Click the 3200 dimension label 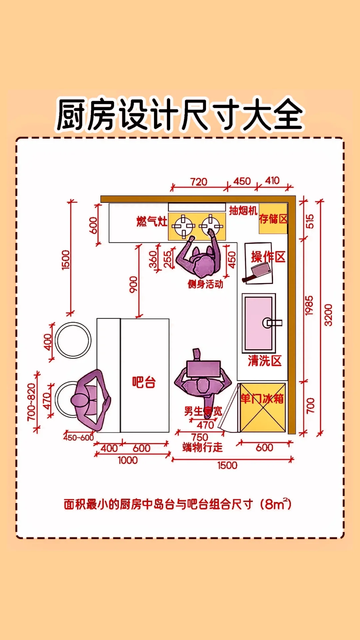328,315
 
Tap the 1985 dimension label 309,305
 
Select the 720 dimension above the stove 199,182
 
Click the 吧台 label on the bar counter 144,382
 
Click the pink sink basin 258,323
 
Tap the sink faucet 272,323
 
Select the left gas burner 183,226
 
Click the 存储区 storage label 273,219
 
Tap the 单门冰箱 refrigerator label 262,399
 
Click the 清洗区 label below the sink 265,361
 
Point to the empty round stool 73,340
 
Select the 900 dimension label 133,284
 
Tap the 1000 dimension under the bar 128,460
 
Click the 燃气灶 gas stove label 152,221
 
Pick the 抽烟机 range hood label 243,211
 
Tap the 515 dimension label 310,221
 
